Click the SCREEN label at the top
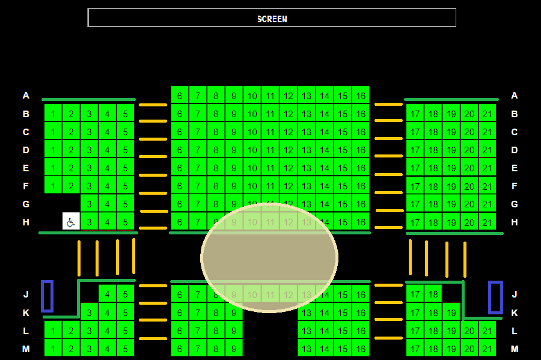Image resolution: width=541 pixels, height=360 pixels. [272, 19]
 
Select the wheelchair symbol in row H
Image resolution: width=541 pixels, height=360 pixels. [71, 221]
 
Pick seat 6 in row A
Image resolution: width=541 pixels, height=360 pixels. [180, 95]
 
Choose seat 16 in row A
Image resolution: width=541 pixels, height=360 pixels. [360, 95]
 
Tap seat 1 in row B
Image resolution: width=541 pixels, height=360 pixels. [53, 113]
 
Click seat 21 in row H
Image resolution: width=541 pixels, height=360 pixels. [487, 222]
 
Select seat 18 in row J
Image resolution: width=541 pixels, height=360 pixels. [433, 294]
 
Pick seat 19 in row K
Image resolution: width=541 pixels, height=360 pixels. [451, 313]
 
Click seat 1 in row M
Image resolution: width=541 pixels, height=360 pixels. [53, 348]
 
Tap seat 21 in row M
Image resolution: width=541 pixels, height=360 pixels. [487, 348]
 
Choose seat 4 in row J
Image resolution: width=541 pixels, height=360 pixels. [108, 294]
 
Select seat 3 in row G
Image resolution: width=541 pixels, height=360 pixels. [90, 204]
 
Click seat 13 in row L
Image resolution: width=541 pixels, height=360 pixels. [307, 330]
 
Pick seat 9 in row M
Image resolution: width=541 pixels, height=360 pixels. [234, 348]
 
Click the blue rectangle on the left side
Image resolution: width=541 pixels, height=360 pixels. [47, 296]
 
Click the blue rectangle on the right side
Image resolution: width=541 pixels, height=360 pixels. [495, 297]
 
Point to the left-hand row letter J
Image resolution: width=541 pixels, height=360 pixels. [26, 294]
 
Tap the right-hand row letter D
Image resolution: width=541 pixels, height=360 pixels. [515, 150]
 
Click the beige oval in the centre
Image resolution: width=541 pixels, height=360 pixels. [269, 257]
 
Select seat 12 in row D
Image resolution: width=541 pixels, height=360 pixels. [289, 150]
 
